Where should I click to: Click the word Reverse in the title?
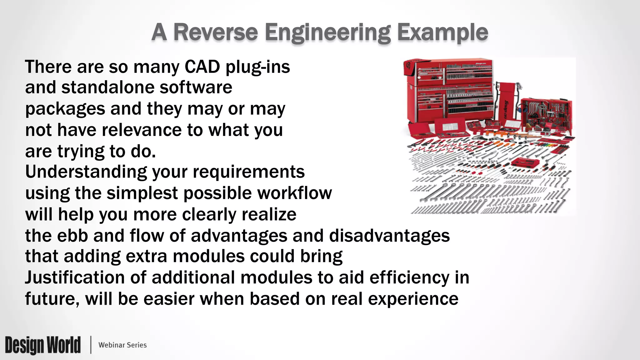[x=215, y=32]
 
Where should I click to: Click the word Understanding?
[x=86, y=172]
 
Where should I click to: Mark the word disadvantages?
[x=389, y=236]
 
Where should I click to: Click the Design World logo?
[x=43, y=345]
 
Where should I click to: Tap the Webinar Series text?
[x=122, y=345]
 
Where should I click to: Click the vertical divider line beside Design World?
[x=91, y=345]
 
